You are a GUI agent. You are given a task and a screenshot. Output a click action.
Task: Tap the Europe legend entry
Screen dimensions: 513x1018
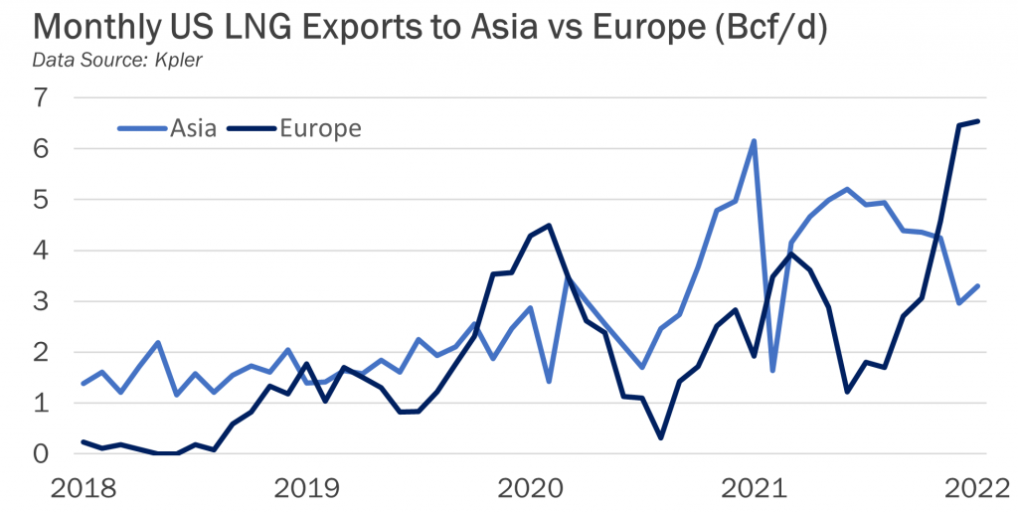coord(320,128)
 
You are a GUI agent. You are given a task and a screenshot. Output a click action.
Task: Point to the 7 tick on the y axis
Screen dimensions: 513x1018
coord(40,97)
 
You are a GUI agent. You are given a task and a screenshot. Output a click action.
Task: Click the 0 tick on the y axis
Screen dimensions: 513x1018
coord(40,454)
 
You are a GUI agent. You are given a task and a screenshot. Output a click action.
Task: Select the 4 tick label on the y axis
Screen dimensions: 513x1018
coord(40,251)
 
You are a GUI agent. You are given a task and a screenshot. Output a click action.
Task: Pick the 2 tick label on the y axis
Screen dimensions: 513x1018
coord(40,352)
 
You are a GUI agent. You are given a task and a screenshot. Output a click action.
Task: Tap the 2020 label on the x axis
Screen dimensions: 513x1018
coord(526,489)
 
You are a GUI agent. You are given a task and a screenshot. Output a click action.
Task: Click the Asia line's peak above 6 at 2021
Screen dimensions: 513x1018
coord(754,141)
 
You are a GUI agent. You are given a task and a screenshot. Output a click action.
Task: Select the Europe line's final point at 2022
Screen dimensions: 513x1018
coord(979,121)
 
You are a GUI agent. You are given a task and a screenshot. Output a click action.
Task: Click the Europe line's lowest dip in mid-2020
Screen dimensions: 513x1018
coord(660,437)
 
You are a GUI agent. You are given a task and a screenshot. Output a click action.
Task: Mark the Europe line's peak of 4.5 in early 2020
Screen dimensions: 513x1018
coord(549,225)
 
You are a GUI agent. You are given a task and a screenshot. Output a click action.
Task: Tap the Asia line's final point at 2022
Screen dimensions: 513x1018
coord(979,286)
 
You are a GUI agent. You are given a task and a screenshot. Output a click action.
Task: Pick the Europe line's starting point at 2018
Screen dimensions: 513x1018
coord(83,441)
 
